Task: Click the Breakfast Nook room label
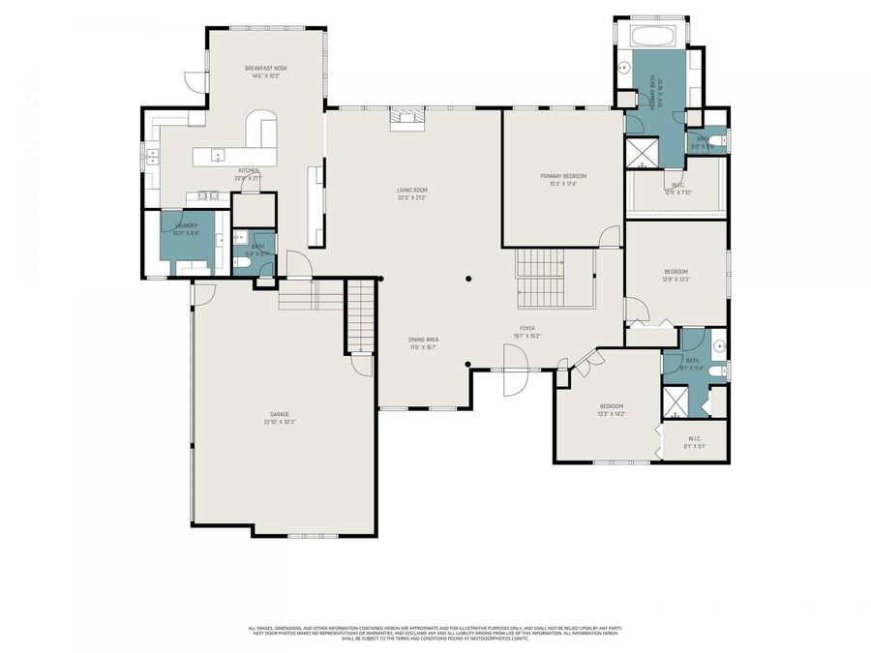tap(265, 72)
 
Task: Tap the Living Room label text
tap(411, 193)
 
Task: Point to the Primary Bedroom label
tap(563, 179)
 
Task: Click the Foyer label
tap(527, 332)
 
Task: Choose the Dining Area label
tap(423, 343)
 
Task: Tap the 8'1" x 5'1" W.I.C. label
tap(693, 441)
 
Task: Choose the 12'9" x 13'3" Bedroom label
tap(675, 276)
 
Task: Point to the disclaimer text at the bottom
tap(435, 632)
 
